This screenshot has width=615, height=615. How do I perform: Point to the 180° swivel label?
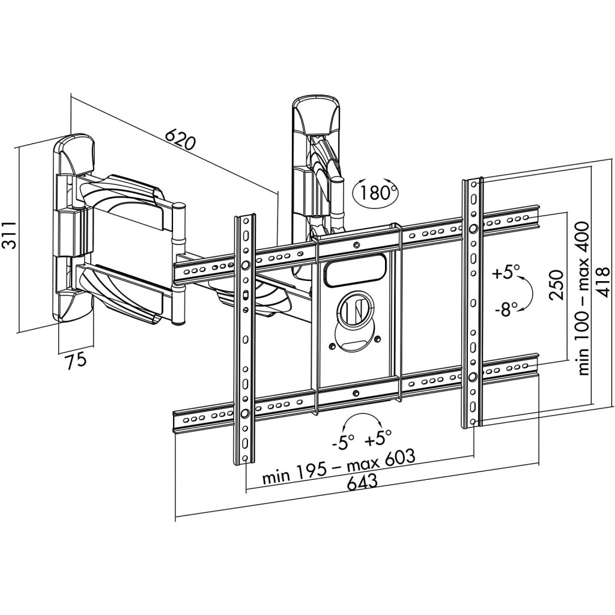tap(375, 192)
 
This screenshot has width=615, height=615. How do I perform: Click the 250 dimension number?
tap(557, 285)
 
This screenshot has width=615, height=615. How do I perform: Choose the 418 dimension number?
tap(602, 282)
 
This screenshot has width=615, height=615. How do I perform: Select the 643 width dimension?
tap(362, 480)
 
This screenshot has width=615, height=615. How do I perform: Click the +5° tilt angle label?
tap(506, 271)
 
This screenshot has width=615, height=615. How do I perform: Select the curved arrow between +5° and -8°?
tap(531, 292)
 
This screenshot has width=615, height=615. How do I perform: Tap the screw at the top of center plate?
tap(356, 245)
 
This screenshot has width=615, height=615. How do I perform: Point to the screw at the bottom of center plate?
tap(356, 393)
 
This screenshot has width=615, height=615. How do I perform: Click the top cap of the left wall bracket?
tap(74, 154)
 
